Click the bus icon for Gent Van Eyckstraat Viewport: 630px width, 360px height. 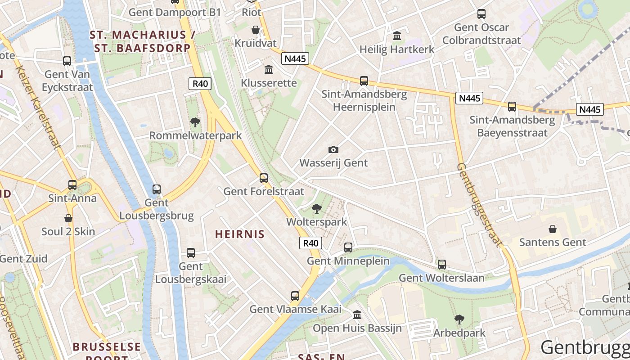[67, 61]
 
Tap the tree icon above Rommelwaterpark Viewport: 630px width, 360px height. [195, 122]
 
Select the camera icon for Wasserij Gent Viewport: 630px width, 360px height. [333, 149]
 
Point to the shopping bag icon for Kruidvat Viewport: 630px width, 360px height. [256, 30]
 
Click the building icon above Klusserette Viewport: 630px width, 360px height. [269, 69]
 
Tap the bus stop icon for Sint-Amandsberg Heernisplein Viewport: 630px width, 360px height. [364, 81]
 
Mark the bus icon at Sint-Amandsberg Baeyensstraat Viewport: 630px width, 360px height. [512, 107]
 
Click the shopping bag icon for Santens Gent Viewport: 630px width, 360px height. [553, 229]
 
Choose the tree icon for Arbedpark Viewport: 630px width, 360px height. [459, 319]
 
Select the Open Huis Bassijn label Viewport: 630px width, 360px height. [357, 328]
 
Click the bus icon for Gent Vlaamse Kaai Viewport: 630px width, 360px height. [295, 296]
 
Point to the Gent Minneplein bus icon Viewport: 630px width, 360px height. [348, 247]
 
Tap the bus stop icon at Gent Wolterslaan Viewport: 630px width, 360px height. [442, 265]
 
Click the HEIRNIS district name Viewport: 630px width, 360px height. [240, 234]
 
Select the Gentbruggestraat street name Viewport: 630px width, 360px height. [480, 205]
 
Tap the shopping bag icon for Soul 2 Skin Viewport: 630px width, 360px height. [68, 219]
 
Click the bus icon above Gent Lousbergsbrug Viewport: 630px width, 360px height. [157, 189]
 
